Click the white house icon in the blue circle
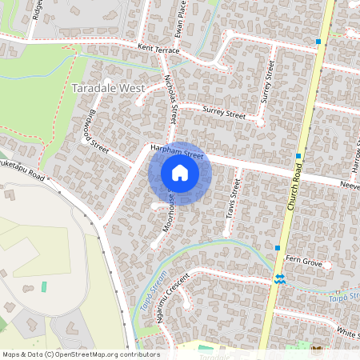pyautogui.click(x=180, y=173)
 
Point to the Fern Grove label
pyautogui.click(x=304, y=261)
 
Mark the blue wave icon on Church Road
pyautogui.click(x=280, y=278)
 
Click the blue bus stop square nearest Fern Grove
pyautogui.click(x=277, y=248)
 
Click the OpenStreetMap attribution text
pyautogui.click(x=81, y=354)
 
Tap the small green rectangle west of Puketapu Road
pyautogui.click(x=43, y=286)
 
